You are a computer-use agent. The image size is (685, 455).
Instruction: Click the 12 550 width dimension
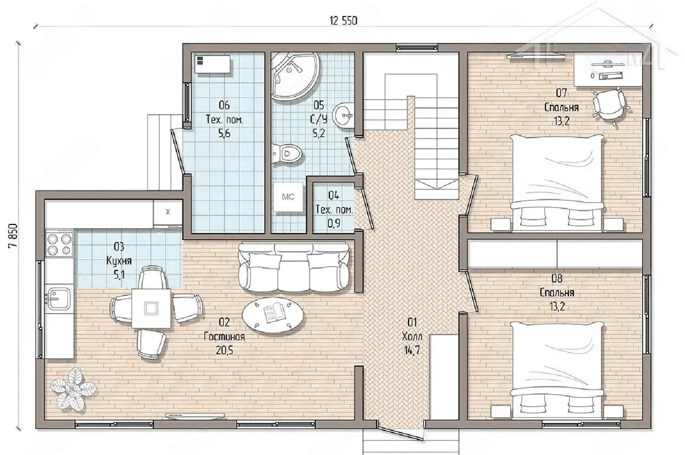(343, 21)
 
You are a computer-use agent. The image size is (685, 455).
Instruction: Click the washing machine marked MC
(288, 197)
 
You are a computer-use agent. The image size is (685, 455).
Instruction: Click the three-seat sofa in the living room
(294, 267)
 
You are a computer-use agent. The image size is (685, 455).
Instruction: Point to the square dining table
(151, 308)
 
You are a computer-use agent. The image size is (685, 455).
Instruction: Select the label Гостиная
(224, 337)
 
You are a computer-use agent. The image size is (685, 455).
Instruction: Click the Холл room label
(412, 337)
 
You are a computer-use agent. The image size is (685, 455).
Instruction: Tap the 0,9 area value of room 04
(333, 223)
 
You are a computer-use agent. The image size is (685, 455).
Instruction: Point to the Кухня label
(119, 261)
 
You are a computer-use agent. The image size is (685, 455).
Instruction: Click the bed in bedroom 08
(557, 370)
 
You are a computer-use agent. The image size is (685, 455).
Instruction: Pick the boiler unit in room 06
(212, 64)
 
